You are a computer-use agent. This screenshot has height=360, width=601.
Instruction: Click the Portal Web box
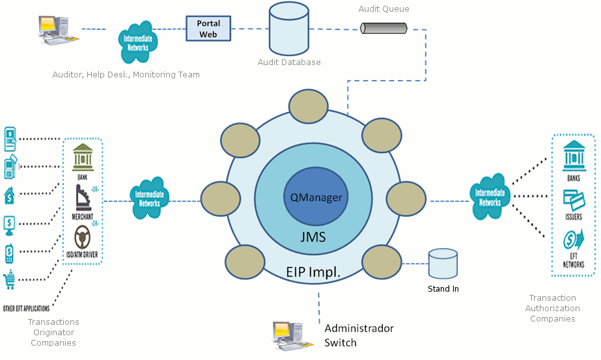click(x=208, y=29)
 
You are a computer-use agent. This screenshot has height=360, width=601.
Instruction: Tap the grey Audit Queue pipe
click(x=384, y=28)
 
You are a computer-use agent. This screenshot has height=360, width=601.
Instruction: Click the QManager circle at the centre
click(x=316, y=197)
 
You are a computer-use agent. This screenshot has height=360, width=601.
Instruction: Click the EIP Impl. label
click(x=313, y=271)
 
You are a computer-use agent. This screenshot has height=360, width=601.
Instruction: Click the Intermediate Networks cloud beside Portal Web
click(x=137, y=40)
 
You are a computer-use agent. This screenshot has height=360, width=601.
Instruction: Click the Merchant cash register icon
click(x=83, y=196)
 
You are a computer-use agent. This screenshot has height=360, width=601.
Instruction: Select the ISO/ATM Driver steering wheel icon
click(x=83, y=236)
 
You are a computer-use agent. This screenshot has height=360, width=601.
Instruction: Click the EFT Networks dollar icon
click(x=573, y=242)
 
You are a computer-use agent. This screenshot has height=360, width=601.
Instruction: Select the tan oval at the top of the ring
click(x=309, y=107)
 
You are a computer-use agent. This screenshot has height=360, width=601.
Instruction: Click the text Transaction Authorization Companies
click(x=552, y=308)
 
